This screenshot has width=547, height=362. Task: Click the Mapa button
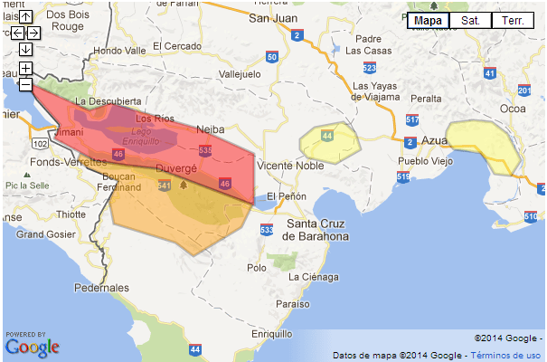428,20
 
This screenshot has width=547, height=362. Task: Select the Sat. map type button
470,20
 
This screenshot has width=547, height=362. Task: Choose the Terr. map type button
512,20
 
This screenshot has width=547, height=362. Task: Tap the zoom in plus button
26,69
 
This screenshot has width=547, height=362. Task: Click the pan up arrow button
26,16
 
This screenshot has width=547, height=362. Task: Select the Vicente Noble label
290,166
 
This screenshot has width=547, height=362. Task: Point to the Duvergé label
176,168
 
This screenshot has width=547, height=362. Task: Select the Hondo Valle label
119,51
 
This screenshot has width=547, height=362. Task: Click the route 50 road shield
272,57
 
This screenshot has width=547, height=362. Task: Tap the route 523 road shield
369,67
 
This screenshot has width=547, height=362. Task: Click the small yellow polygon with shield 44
326,144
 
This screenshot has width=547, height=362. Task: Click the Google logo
33,346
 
